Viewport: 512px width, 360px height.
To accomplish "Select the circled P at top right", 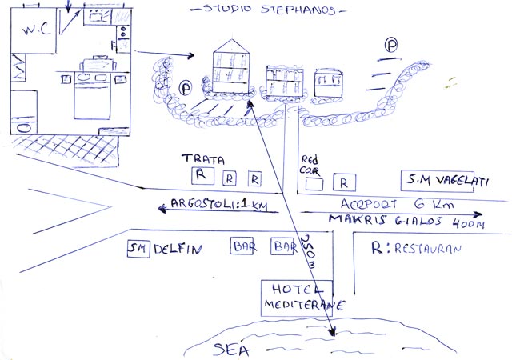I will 391,46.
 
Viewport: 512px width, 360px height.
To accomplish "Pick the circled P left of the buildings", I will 186,86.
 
